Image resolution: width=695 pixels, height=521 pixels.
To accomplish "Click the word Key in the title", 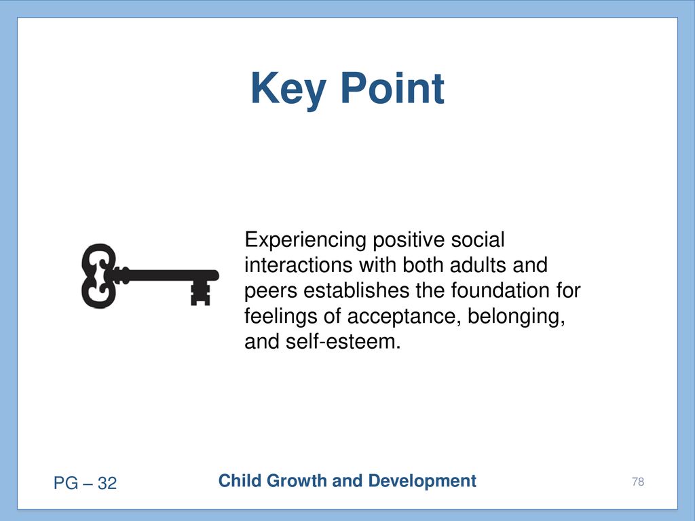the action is (288, 90).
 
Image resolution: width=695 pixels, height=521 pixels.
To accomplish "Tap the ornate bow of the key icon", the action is (98, 275).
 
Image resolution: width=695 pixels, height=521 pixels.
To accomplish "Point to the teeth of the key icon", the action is (200, 293).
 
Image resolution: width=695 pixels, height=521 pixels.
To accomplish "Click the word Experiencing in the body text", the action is (305, 241).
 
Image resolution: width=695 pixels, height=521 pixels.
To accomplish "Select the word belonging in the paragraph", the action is (516, 317).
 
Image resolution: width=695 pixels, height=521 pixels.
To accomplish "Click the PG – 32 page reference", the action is (85, 483).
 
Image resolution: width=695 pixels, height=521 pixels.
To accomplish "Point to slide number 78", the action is (638, 482).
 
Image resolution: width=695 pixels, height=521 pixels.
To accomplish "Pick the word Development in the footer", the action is (422, 482).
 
